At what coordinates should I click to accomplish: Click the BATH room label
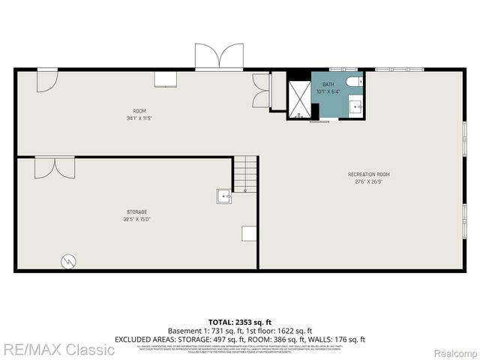tap(328, 84)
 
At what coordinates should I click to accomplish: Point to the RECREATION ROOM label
tap(368, 174)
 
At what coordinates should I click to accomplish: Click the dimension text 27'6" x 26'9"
tap(368, 181)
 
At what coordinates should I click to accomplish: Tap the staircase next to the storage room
tap(244, 174)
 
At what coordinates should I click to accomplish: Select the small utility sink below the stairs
tap(224, 196)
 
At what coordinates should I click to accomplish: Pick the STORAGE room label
tap(136, 211)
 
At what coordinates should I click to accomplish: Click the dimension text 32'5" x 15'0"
tap(136, 219)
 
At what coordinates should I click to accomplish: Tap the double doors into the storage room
tap(54, 167)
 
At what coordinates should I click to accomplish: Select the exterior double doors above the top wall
tap(219, 57)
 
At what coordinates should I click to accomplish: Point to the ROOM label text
tap(139, 111)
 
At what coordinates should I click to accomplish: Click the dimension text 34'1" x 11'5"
tap(139, 118)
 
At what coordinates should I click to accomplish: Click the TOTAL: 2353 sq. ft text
tap(240, 321)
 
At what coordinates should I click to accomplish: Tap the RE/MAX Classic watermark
tap(58, 349)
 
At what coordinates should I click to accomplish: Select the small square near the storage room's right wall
tap(248, 233)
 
